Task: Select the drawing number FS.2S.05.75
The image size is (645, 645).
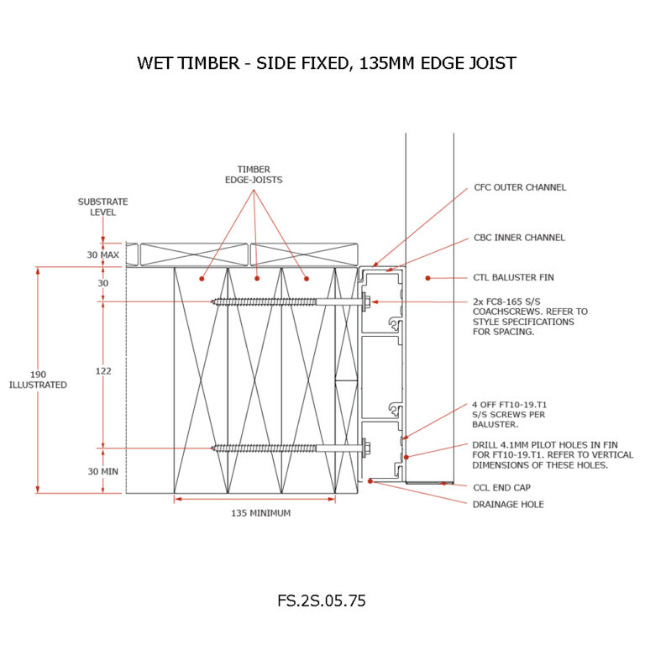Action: (322, 601)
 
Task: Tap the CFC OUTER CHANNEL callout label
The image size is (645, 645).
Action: (519, 187)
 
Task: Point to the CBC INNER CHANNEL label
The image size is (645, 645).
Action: (519, 238)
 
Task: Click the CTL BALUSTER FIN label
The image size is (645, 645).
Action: (513, 277)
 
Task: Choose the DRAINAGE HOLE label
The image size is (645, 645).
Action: (509, 504)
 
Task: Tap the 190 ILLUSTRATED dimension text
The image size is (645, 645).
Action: (39, 379)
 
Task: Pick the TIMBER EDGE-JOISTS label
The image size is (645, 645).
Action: (254, 174)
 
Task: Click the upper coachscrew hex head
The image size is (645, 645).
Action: (367, 302)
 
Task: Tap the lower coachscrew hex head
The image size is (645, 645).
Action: (367, 447)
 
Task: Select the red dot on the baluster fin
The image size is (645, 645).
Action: (427, 277)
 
